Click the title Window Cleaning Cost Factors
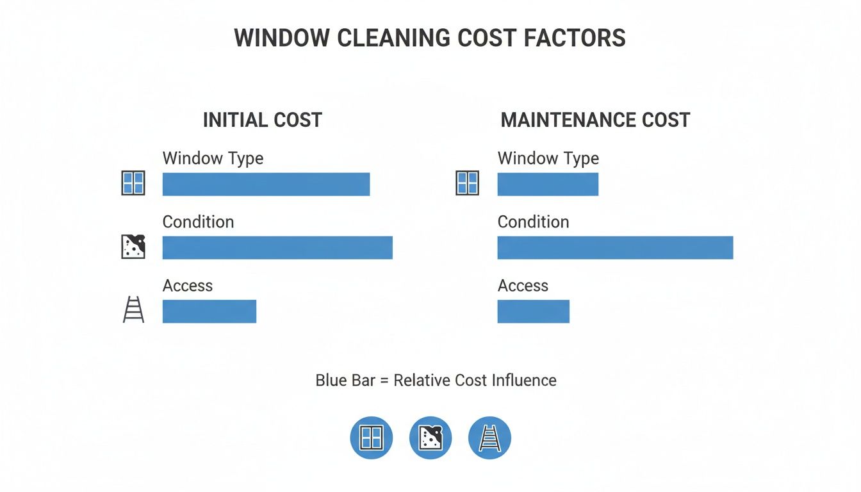point(430,38)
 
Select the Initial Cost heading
point(262,120)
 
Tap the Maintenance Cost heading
point(595,120)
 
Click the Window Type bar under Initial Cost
point(266,184)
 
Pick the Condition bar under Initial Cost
point(277,247)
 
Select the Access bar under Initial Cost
point(209,311)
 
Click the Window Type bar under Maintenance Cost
point(548,184)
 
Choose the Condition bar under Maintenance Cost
point(615,247)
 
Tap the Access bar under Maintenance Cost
point(533,311)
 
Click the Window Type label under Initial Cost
point(213,158)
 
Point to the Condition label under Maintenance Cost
point(533,222)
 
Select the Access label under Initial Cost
point(188,285)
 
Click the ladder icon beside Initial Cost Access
point(133,311)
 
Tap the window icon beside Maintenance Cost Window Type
point(467,183)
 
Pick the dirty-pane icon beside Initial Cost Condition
point(133,247)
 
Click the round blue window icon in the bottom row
point(371,438)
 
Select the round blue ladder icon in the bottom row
point(489,438)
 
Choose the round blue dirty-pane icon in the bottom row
point(430,438)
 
